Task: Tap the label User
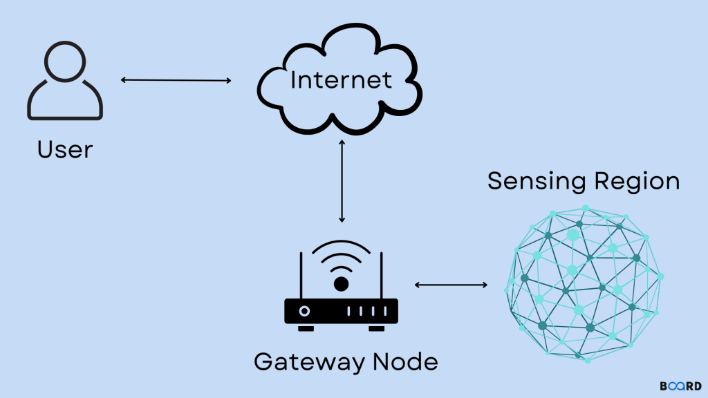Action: pos(65,149)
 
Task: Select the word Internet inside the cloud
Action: pos(341,79)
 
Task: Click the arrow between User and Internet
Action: pos(176,80)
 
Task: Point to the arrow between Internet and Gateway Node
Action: pos(342,181)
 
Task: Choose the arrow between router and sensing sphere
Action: pos(451,285)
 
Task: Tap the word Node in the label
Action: pos(405,361)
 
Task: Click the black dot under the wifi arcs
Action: pos(341,283)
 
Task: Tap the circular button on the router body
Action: pos(303,312)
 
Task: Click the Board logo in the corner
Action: pos(680,386)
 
